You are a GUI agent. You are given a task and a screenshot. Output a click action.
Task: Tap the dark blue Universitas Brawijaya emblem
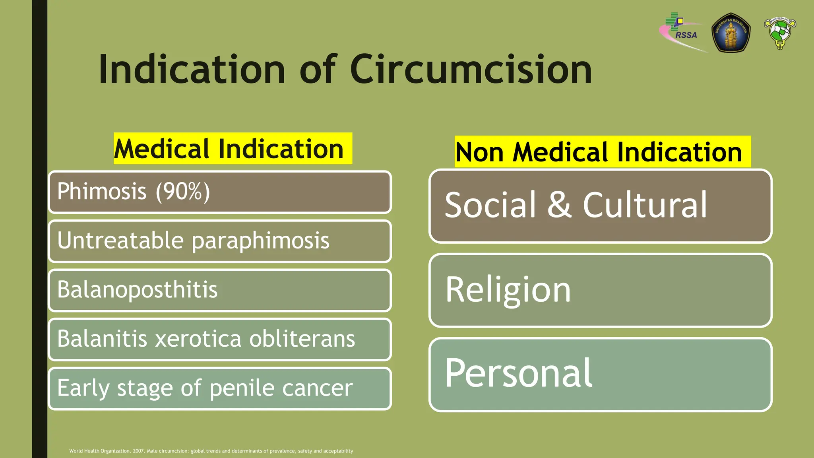point(731,33)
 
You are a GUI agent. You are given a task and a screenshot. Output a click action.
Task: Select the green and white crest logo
point(779,33)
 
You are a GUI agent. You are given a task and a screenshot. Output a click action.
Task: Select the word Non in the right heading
point(479,152)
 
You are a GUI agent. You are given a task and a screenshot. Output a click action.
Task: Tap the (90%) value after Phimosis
point(182,191)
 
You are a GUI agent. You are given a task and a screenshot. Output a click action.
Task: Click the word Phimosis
point(102,191)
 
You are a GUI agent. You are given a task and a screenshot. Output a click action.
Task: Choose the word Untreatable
point(120,241)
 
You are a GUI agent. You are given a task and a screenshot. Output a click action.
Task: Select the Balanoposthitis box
point(219,290)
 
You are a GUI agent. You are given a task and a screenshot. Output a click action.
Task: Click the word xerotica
point(198,339)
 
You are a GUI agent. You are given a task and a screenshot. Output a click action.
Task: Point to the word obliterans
point(302,339)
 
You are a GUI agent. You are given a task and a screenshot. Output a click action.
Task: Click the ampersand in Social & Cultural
point(559,205)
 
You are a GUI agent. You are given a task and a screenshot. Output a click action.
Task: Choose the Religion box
point(600,290)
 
